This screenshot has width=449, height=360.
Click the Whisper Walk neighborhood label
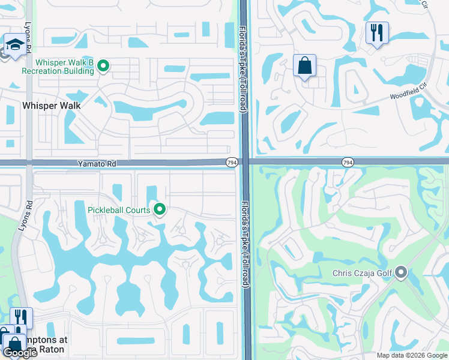51,105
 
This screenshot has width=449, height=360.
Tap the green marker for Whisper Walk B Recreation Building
103,66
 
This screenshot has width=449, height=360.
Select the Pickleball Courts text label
119,210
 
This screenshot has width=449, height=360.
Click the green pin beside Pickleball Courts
160,209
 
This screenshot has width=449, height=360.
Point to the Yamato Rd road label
96,163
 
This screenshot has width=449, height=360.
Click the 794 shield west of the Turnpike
232,163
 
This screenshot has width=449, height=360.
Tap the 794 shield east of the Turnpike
348,163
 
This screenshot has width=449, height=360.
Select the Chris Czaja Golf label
362,274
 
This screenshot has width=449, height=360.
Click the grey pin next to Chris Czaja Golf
401,274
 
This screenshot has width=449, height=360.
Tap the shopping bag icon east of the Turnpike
304,65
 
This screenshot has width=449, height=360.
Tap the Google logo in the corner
20,353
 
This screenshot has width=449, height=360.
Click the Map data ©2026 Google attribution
412,355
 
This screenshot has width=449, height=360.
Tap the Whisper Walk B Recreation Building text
58,67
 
